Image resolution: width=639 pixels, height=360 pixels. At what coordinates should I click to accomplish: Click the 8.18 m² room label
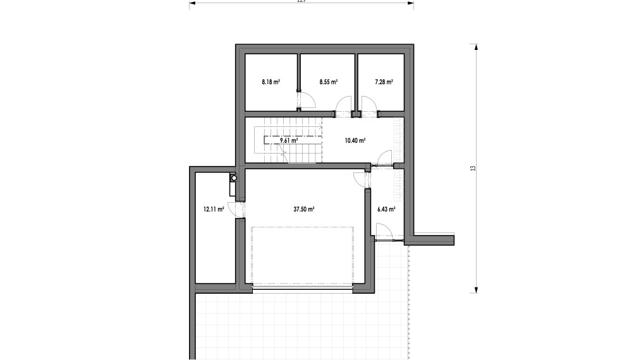click(271, 82)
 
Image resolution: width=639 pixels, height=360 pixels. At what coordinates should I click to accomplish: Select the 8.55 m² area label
click(328, 82)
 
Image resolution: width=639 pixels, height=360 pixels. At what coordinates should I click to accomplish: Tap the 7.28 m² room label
click(384, 82)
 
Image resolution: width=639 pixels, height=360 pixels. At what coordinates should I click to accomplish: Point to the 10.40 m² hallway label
click(355, 141)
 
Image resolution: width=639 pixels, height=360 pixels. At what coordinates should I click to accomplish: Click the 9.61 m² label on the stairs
click(288, 141)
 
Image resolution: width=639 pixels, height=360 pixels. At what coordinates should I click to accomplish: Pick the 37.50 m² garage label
click(304, 209)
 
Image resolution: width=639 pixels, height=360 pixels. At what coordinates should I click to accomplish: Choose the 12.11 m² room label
click(214, 209)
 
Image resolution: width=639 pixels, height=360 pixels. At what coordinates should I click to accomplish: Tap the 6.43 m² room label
click(386, 209)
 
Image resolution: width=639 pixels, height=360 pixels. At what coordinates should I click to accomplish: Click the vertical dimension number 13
click(472, 169)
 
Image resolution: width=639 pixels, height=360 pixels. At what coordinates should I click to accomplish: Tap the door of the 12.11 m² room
click(235, 210)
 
